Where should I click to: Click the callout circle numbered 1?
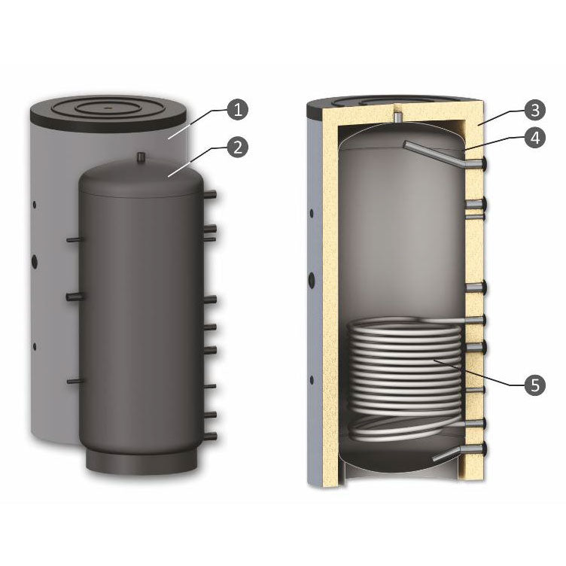pyautogui.click(x=237, y=110)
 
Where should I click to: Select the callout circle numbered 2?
pyautogui.click(x=237, y=147)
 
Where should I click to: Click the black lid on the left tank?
pyautogui.click(x=108, y=108)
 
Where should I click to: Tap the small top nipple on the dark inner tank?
pyautogui.click(x=141, y=157)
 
